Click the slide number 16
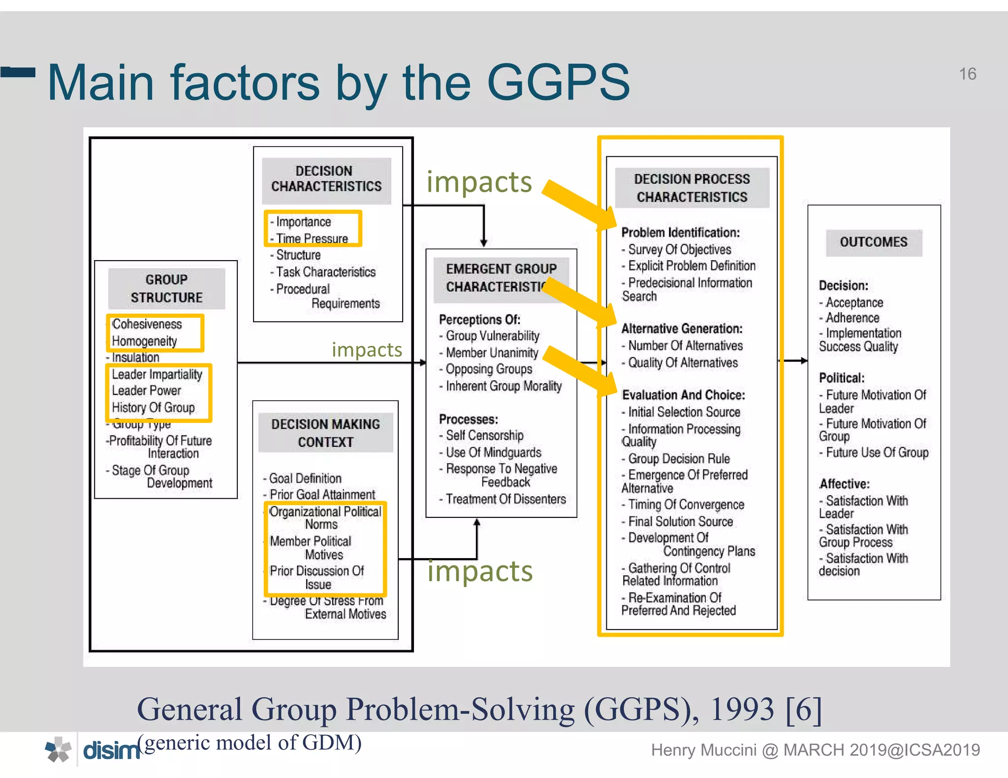pos(967,74)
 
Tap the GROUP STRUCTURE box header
pos(166,289)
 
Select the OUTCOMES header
pos(873,242)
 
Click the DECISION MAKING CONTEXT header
pos(325,433)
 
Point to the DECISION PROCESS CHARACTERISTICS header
pos(692,188)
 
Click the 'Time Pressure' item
pos(312,239)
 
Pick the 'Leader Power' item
pos(146,390)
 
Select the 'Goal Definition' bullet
pos(305,479)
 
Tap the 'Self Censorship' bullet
pos(484,436)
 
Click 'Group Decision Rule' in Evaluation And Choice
pos(678,459)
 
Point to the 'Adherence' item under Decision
pos(852,318)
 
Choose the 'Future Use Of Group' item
pos(877,452)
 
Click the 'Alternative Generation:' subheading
pos(682,329)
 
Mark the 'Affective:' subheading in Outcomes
pos(844,484)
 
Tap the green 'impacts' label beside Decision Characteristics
pos(479,182)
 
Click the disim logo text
pos(111,751)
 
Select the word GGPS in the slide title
pos(558,83)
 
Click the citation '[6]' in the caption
pos(804,710)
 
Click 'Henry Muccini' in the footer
pos(703,750)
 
